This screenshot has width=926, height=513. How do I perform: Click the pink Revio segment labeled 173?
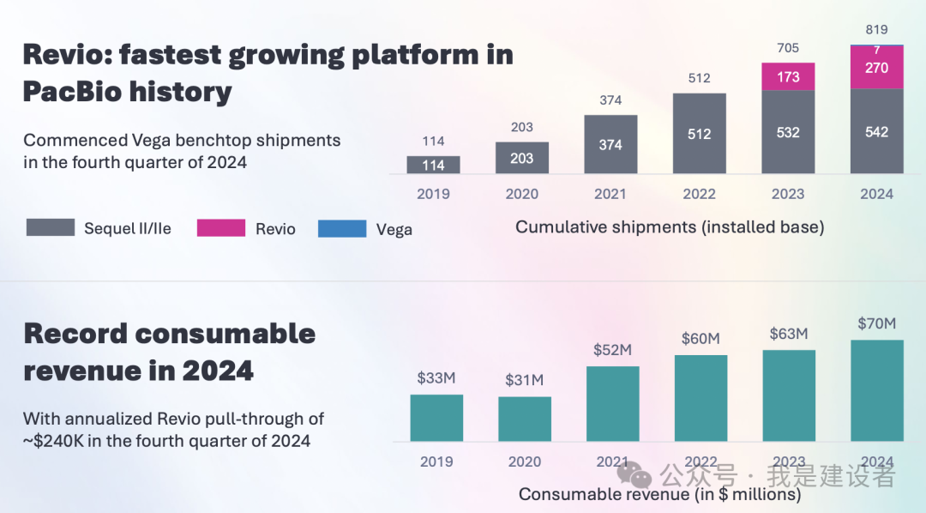point(788,77)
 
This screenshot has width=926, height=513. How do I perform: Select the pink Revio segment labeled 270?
point(876,67)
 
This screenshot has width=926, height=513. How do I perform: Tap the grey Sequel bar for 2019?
point(433,165)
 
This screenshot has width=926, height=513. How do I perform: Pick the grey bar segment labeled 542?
point(876,131)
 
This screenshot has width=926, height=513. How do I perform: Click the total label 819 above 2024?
point(876,29)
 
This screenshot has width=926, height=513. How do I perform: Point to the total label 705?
point(788,48)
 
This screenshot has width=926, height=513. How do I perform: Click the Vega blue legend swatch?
point(342,229)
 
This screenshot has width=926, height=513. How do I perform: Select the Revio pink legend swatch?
point(221,229)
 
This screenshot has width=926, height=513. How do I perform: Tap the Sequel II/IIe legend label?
point(128,229)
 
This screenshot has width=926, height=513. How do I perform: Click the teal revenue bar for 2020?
point(525,419)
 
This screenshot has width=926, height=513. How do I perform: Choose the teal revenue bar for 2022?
point(701,398)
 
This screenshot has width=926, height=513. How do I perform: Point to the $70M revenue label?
point(876,323)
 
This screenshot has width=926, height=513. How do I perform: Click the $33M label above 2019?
point(436,378)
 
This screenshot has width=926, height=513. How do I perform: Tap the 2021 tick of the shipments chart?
point(610,194)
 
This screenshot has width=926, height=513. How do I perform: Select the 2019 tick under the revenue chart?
point(436,462)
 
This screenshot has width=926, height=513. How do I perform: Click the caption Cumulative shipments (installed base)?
point(670,227)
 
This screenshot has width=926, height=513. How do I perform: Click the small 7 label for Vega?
point(876,51)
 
